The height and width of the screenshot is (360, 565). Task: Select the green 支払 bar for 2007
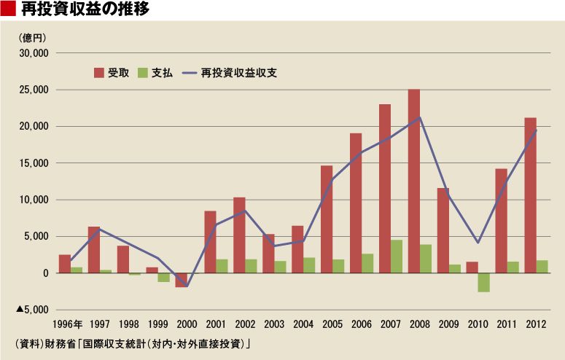click(x=397, y=257)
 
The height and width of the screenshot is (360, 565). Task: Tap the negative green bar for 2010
click(x=484, y=282)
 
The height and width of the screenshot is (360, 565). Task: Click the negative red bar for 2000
click(x=181, y=280)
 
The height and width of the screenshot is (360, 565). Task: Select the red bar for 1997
click(x=94, y=249)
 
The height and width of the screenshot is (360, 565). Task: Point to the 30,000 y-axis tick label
click(x=33, y=53)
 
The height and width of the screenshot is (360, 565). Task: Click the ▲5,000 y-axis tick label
click(x=31, y=310)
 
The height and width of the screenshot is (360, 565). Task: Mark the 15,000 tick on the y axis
click(x=33, y=163)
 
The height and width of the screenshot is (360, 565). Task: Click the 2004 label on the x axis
click(x=303, y=324)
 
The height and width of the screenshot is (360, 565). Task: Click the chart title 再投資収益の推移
click(x=87, y=9)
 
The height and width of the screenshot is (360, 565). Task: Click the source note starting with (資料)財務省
click(x=131, y=343)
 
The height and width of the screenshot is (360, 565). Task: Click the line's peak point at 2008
click(x=420, y=117)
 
